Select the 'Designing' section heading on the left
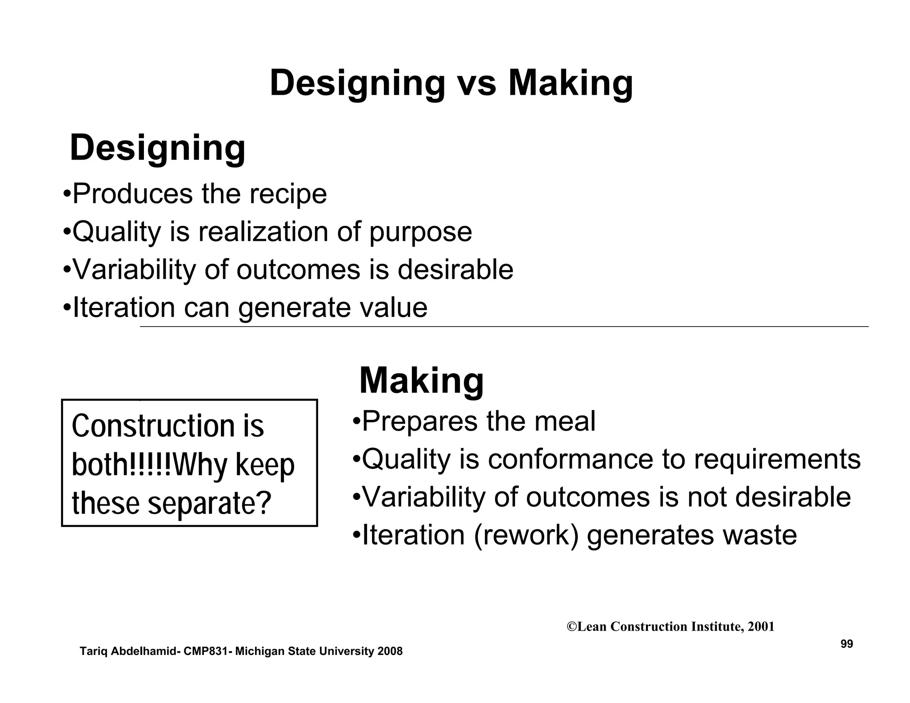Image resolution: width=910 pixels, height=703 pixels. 158,148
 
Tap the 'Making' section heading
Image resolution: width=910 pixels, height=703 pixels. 421,381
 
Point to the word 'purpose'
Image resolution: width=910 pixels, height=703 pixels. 420,232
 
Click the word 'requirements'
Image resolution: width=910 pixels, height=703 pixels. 777,460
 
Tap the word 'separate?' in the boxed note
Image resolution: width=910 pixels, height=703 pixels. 209,503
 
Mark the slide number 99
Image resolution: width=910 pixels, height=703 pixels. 846,644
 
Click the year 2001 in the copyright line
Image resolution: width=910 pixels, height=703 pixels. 761,627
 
